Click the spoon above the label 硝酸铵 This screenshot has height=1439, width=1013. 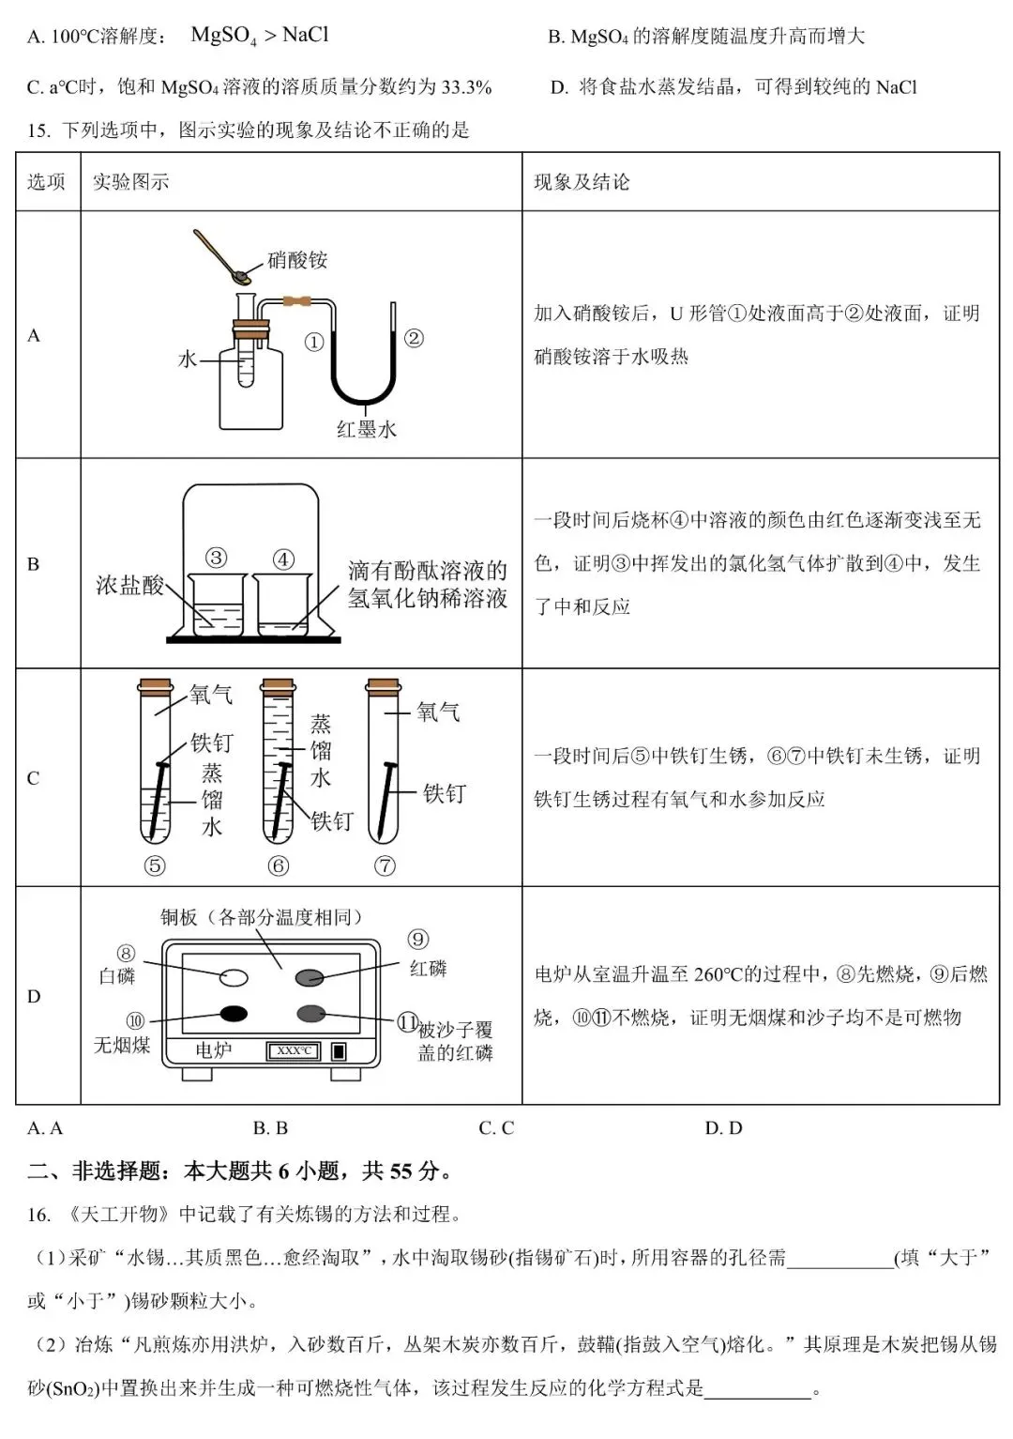[x=223, y=255]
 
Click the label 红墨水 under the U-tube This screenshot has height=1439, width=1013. [x=367, y=430]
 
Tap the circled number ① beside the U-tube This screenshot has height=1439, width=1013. [x=314, y=343]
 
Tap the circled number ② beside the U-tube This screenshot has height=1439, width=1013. [x=414, y=338]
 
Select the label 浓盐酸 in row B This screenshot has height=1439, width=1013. [x=129, y=586]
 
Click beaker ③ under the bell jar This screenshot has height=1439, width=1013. [x=218, y=605]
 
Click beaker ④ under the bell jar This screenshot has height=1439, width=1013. [x=282, y=605]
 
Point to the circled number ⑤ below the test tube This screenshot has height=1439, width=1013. [x=155, y=866]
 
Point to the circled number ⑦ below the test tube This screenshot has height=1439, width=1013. [x=385, y=866]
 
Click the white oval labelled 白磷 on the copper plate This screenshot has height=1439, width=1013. [x=234, y=977]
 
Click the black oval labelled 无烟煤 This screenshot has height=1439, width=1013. [x=234, y=1013]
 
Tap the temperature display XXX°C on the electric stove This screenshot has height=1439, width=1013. [x=294, y=1050]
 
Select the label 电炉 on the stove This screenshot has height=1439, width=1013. [x=213, y=1050]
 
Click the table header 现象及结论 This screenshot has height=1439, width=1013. [x=582, y=182]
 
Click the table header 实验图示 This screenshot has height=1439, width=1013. [x=130, y=182]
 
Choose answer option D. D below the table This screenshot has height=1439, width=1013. [x=723, y=1128]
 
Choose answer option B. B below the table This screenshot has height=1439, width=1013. [x=270, y=1128]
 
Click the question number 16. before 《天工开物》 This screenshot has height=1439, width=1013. [x=38, y=1215]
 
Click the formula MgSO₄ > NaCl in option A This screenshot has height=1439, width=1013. [x=260, y=36]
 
